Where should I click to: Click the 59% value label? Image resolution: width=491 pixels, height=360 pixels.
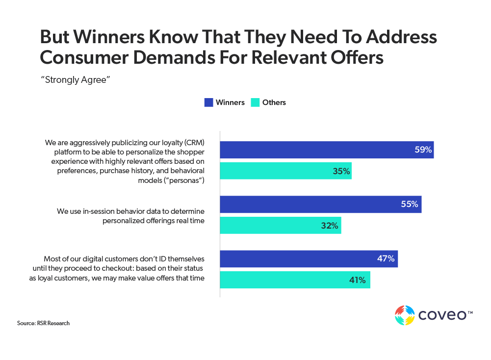point(423,150)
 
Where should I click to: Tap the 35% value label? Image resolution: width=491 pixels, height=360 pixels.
point(341,171)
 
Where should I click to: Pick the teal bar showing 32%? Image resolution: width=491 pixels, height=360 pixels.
point(280,226)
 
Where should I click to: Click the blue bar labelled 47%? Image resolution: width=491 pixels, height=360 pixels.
point(309,258)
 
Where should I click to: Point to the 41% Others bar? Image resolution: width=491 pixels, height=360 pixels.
point(295,280)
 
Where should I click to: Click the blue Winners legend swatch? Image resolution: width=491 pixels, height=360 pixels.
point(208,103)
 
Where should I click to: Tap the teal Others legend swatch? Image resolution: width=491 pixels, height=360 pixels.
point(255,103)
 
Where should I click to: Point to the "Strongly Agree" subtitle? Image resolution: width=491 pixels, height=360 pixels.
point(75,80)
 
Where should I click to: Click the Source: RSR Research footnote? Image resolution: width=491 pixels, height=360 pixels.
point(43,323)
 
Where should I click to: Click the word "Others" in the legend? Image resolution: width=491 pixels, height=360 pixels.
point(274,103)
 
